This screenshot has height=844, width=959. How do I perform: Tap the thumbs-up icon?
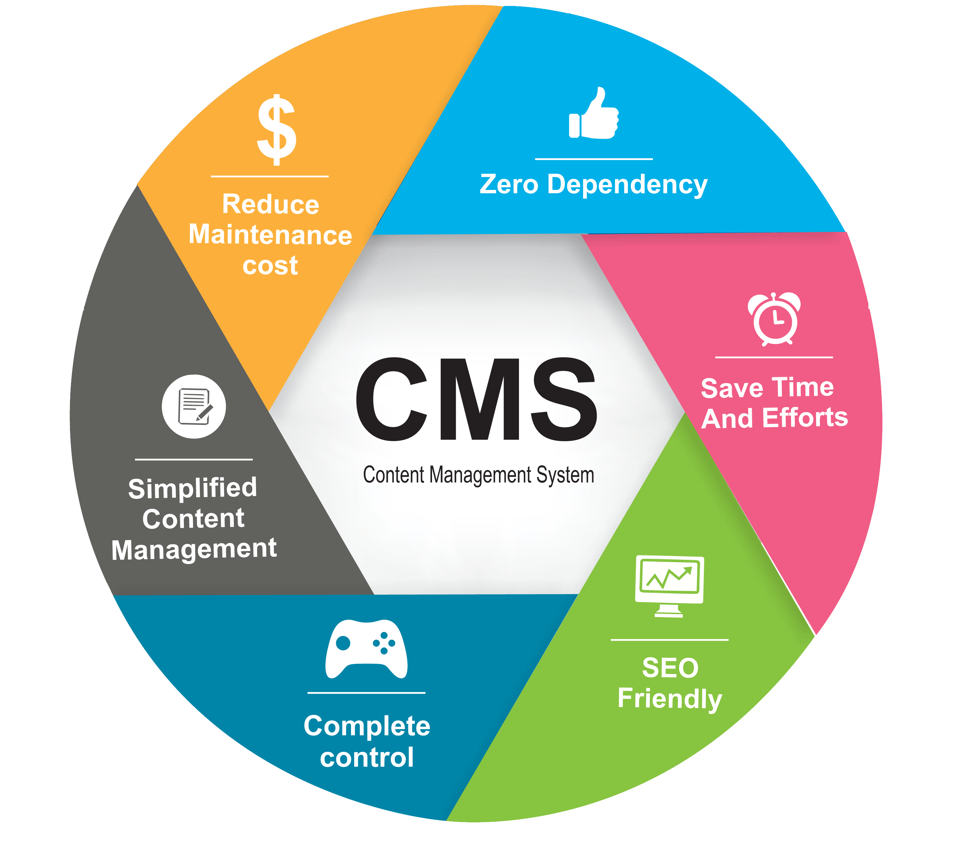594,114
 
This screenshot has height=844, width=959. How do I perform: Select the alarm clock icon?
774,319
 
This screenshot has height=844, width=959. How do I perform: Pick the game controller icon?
366,649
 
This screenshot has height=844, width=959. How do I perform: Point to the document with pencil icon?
194,407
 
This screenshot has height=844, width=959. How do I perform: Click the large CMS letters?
476,400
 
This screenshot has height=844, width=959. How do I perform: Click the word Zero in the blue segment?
509,184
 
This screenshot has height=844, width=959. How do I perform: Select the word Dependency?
627,185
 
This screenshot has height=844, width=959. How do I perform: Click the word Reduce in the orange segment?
271,204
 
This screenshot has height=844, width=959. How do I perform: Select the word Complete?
367,726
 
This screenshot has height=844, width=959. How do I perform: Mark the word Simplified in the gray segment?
193,488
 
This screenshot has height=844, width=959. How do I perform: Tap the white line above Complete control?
366,693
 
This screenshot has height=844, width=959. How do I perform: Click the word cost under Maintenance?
270,266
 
